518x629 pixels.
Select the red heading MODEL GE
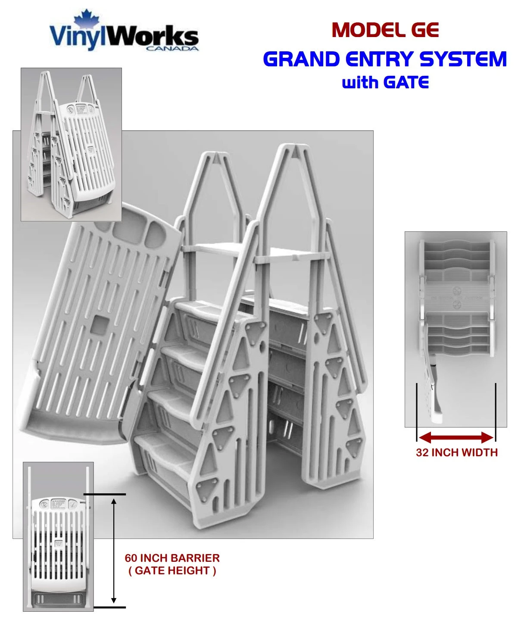(x=385, y=30)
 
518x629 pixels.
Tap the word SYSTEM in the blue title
(x=463, y=59)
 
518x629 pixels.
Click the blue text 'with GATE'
(x=385, y=82)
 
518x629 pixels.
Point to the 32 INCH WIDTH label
(x=456, y=452)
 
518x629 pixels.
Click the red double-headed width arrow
(x=456, y=438)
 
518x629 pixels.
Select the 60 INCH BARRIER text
(x=172, y=558)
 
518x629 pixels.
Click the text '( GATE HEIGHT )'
(x=172, y=571)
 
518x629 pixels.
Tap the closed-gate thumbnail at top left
(x=71, y=144)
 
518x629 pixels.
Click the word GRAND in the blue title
(x=301, y=59)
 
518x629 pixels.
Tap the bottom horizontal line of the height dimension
(x=109, y=607)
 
